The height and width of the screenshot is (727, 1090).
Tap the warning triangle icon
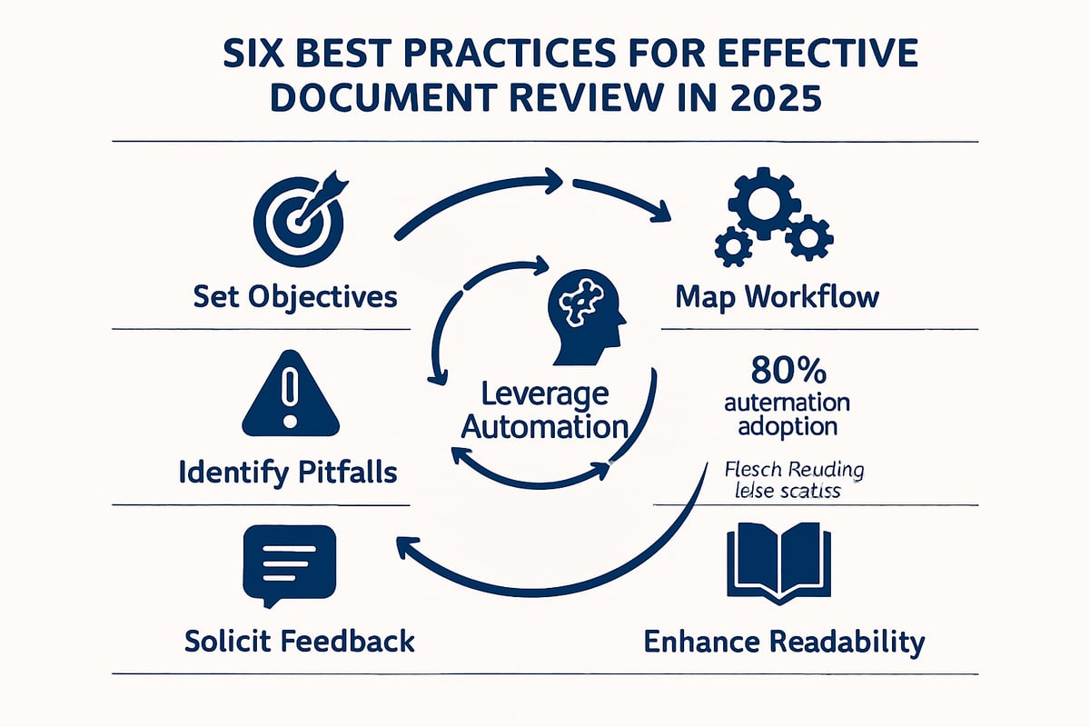click(291, 395)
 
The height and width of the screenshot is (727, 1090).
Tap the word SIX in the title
click(257, 53)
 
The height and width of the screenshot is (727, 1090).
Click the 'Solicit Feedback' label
click(299, 641)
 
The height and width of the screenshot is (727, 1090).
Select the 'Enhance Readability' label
click(784, 642)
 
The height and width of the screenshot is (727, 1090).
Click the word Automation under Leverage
click(544, 424)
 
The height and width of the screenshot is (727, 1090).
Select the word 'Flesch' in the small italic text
click(755, 472)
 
